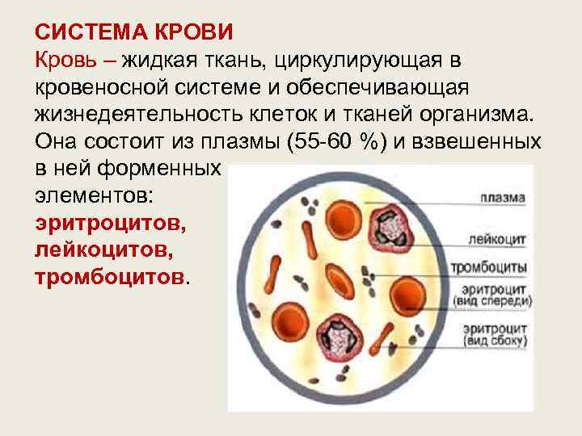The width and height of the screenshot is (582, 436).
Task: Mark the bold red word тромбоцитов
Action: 108,276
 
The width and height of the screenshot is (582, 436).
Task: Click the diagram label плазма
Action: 502,197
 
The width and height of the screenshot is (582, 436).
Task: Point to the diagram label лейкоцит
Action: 496,239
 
